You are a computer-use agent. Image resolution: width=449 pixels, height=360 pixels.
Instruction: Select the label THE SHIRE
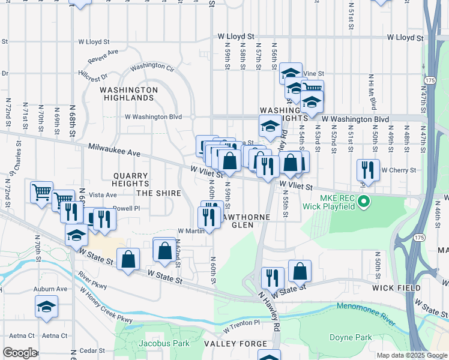[x=158, y=193]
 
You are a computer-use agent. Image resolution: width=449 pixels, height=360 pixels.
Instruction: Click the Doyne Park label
[x=351, y=337]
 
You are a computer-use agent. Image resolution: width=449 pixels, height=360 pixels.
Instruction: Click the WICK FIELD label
[x=396, y=288]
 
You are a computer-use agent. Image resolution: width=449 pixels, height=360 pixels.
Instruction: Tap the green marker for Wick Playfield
[x=364, y=204]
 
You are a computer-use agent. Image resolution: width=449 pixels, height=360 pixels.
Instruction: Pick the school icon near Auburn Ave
[x=46, y=307]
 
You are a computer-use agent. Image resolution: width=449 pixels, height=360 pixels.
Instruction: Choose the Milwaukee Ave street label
[x=113, y=150]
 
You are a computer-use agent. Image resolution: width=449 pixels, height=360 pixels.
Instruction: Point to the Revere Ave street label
[x=103, y=56]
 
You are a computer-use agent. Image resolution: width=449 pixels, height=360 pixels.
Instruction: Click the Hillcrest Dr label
[x=92, y=77]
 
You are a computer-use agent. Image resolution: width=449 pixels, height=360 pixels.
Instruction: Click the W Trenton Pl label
[x=240, y=322]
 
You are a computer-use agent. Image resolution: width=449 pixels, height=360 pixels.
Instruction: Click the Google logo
[x=20, y=353]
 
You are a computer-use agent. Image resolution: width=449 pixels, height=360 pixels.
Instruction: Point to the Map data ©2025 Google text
[x=411, y=355]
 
